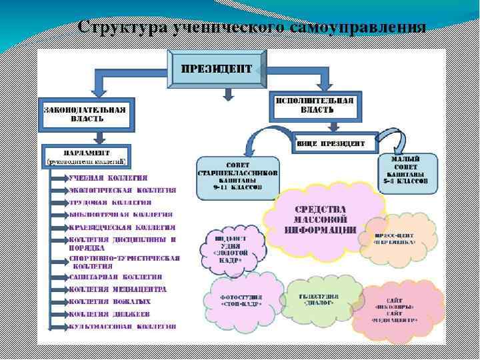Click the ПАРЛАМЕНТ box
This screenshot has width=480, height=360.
point(87,155)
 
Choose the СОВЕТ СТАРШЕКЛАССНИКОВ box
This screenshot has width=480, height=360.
point(238,178)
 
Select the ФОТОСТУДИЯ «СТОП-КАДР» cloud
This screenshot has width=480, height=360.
point(241,299)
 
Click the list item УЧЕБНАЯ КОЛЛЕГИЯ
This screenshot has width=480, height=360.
point(108,178)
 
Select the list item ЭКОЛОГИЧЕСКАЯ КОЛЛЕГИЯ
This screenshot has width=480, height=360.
point(123,190)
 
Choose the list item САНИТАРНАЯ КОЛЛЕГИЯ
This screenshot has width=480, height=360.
point(115,277)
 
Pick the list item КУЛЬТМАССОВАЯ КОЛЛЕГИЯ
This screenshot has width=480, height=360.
point(123,327)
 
